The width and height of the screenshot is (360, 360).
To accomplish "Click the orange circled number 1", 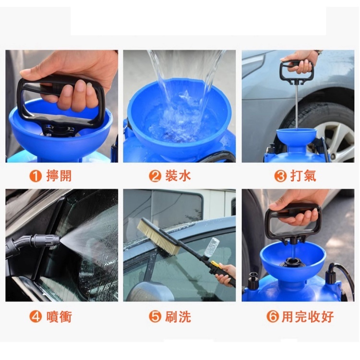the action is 36,176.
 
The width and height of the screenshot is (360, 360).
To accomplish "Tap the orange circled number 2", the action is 155,176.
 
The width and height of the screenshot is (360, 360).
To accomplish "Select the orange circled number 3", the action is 281,176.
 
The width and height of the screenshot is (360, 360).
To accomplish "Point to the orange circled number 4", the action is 36,317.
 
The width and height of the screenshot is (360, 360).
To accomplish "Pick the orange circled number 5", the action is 155,317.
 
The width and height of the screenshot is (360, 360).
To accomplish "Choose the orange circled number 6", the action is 273,317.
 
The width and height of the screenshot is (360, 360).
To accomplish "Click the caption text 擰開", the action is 59,176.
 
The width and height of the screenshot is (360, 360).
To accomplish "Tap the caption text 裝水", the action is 178,176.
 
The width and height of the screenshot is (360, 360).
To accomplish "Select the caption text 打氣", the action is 303,176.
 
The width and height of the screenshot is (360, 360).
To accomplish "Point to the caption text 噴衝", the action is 59,317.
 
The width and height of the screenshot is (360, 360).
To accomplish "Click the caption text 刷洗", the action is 178,317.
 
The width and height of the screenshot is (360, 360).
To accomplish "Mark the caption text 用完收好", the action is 308,317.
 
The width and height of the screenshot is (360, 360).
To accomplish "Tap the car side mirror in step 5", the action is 149,291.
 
